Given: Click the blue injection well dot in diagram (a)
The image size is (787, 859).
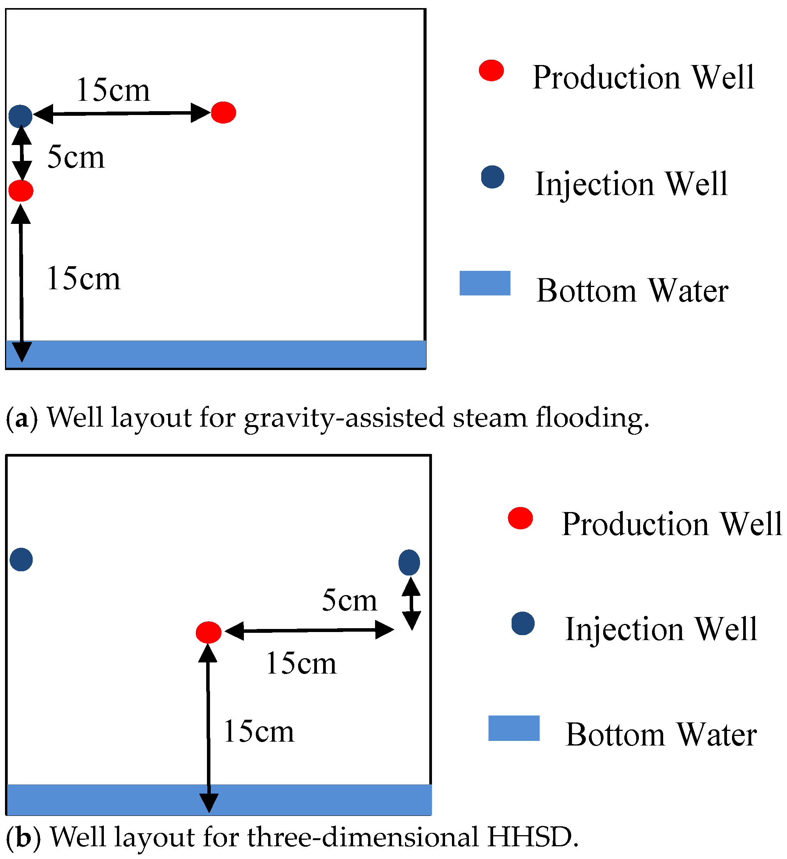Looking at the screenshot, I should click(x=20, y=116).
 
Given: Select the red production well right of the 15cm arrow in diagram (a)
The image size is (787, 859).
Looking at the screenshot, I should click(x=223, y=112).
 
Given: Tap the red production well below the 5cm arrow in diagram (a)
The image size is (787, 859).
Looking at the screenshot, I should click(x=20, y=190).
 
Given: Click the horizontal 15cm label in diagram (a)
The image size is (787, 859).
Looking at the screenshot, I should click(x=113, y=90).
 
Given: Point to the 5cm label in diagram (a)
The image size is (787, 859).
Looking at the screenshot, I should click(x=76, y=157).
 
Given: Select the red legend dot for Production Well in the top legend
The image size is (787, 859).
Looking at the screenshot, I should click(x=491, y=70).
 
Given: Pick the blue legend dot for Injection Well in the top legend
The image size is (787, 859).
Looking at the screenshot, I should click(x=493, y=177).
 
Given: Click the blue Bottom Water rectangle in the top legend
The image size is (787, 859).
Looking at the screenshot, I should click(x=485, y=283).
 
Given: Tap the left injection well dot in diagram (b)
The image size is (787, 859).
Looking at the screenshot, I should click(x=21, y=559).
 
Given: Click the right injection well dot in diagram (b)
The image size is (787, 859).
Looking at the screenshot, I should click(x=409, y=562).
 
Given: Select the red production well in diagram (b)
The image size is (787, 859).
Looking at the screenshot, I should click(x=208, y=632).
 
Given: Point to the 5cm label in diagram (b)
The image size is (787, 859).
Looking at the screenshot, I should click(x=349, y=600).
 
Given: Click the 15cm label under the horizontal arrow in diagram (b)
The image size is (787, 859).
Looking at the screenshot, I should click(x=301, y=664).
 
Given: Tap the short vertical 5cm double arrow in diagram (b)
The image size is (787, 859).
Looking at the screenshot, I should click(x=412, y=603).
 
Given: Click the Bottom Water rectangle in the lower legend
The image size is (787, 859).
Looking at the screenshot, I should click(x=514, y=728).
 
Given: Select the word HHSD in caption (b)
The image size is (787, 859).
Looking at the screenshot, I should click(x=533, y=837).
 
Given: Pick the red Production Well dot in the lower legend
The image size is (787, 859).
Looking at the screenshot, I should click(x=520, y=518).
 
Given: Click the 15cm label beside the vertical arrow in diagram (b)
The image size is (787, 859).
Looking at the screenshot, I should click(x=258, y=732).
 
